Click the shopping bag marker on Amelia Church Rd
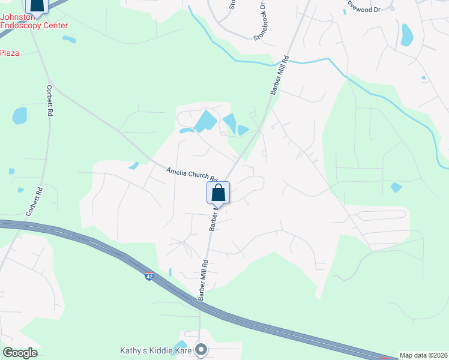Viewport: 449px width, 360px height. coord(218,193)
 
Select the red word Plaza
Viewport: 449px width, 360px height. coord(9,53)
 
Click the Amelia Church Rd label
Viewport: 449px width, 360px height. coord(191,175)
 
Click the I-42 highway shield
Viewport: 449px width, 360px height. coord(149,276)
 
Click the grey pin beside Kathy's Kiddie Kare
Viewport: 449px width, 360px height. coord(201,349)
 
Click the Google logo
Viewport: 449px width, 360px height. coord(20,353)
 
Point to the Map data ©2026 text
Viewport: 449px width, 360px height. coord(424,355)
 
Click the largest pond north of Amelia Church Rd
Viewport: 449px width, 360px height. coord(205,122)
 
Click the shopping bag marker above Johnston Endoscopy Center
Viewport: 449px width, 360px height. coord(37,5)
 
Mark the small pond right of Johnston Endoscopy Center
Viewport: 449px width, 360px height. coord(69,40)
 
